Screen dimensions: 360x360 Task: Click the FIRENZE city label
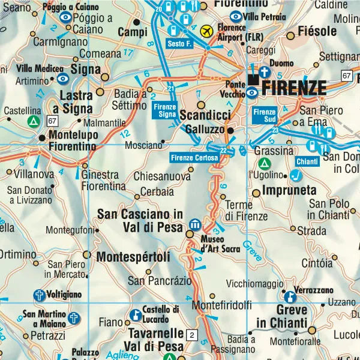coord(295,88)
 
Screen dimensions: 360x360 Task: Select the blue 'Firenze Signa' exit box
coord(164,110)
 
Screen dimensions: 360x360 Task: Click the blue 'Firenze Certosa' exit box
coord(194,158)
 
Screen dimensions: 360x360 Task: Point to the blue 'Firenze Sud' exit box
coord(264,113)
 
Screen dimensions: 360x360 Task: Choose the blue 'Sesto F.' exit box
coord(179,43)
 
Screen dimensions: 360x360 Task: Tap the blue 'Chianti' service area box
coord(307,161)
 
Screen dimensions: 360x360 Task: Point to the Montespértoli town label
coord(133,256)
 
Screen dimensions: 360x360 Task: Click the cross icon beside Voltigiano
coord(39,295)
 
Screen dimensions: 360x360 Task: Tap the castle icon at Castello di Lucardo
coord(136,315)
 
